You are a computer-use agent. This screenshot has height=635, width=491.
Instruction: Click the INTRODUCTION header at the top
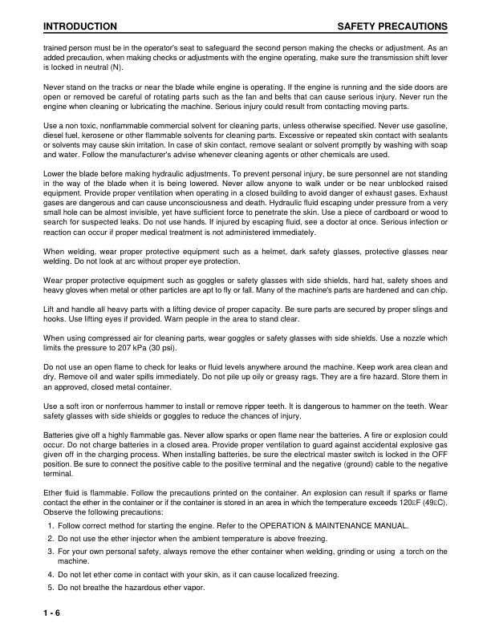point(79,27)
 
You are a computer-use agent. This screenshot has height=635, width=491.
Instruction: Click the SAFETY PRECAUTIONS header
point(392,27)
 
